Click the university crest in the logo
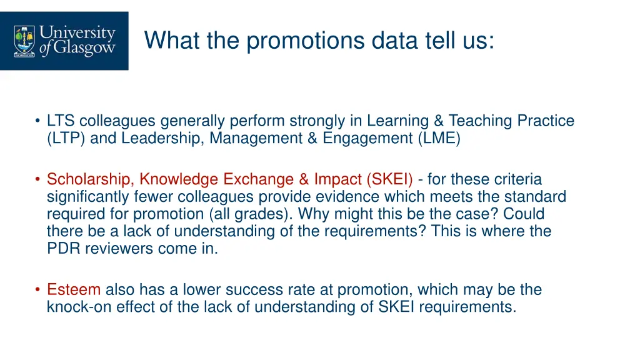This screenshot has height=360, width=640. point(24,40)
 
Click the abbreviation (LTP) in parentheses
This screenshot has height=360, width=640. point(66,138)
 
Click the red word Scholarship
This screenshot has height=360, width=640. point(90,179)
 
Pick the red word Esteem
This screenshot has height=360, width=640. point(74,289)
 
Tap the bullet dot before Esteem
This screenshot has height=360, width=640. point(38,289)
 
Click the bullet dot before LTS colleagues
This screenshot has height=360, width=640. point(38,121)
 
